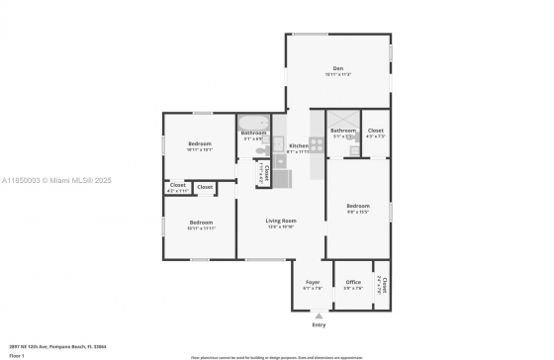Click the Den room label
tap(337, 68)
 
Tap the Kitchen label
tap(299, 145)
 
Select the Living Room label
tap(281, 221)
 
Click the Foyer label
tap(312, 282)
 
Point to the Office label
tap(353, 282)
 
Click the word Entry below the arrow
tap(319, 324)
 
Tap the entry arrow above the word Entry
tap(319, 315)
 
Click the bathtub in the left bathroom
tap(253, 122)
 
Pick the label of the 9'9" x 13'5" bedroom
tap(357, 206)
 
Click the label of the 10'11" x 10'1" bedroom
tap(201, 143)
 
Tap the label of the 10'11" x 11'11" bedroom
tap(201, 222)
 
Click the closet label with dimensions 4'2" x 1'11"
tap(177, 185)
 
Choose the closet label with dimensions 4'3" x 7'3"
tap(375, 130)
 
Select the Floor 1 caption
tap(17, 353)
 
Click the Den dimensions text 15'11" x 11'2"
tap(337, 75)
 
